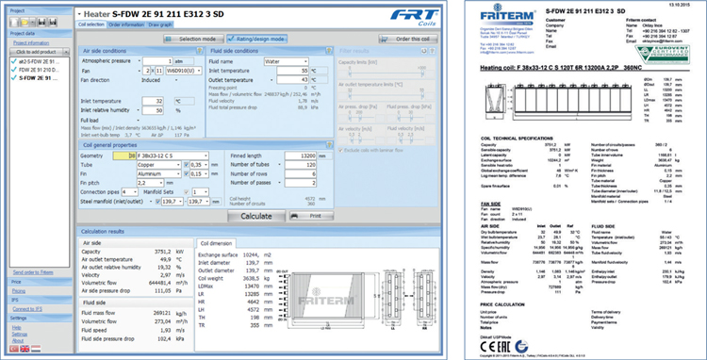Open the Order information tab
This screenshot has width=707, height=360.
click(x=125, y=25)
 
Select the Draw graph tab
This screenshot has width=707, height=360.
click(x=165, y=25)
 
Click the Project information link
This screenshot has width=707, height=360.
click(x=31, y=42)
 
